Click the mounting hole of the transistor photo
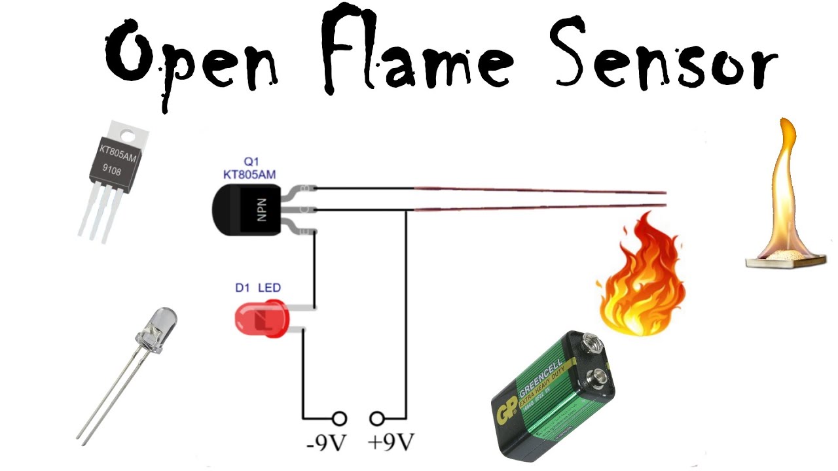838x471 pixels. click(130, 135)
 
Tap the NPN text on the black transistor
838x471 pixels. click(261, 209)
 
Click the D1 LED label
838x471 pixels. click(258, 288)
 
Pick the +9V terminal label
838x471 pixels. click(392, 443)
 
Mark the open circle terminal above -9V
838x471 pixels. click(339, 418)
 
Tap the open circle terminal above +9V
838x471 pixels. click(377, 418)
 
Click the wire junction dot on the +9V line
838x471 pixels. click(407, 211)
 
